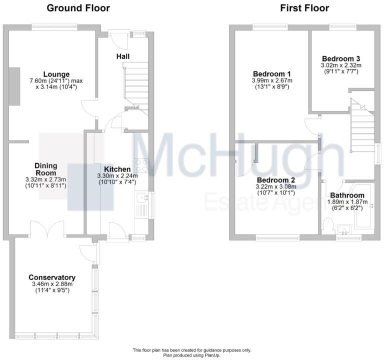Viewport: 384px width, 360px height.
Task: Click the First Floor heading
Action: tap(304, 8)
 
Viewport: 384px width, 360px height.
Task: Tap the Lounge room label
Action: tap(56, 74)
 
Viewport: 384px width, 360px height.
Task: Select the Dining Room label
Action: tap(45, 169)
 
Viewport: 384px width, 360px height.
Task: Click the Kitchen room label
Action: tap(117, 168)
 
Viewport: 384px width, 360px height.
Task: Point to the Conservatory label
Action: tap(52, 277)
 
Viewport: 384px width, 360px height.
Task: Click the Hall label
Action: tap(123, 56)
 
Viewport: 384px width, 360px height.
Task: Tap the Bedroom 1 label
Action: tap(271, 73)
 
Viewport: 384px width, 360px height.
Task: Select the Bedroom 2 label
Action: tap(275, 180)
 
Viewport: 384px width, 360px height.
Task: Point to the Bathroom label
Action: tap(347, 195)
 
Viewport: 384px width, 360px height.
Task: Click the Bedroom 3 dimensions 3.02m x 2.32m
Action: tap(341, 65)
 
